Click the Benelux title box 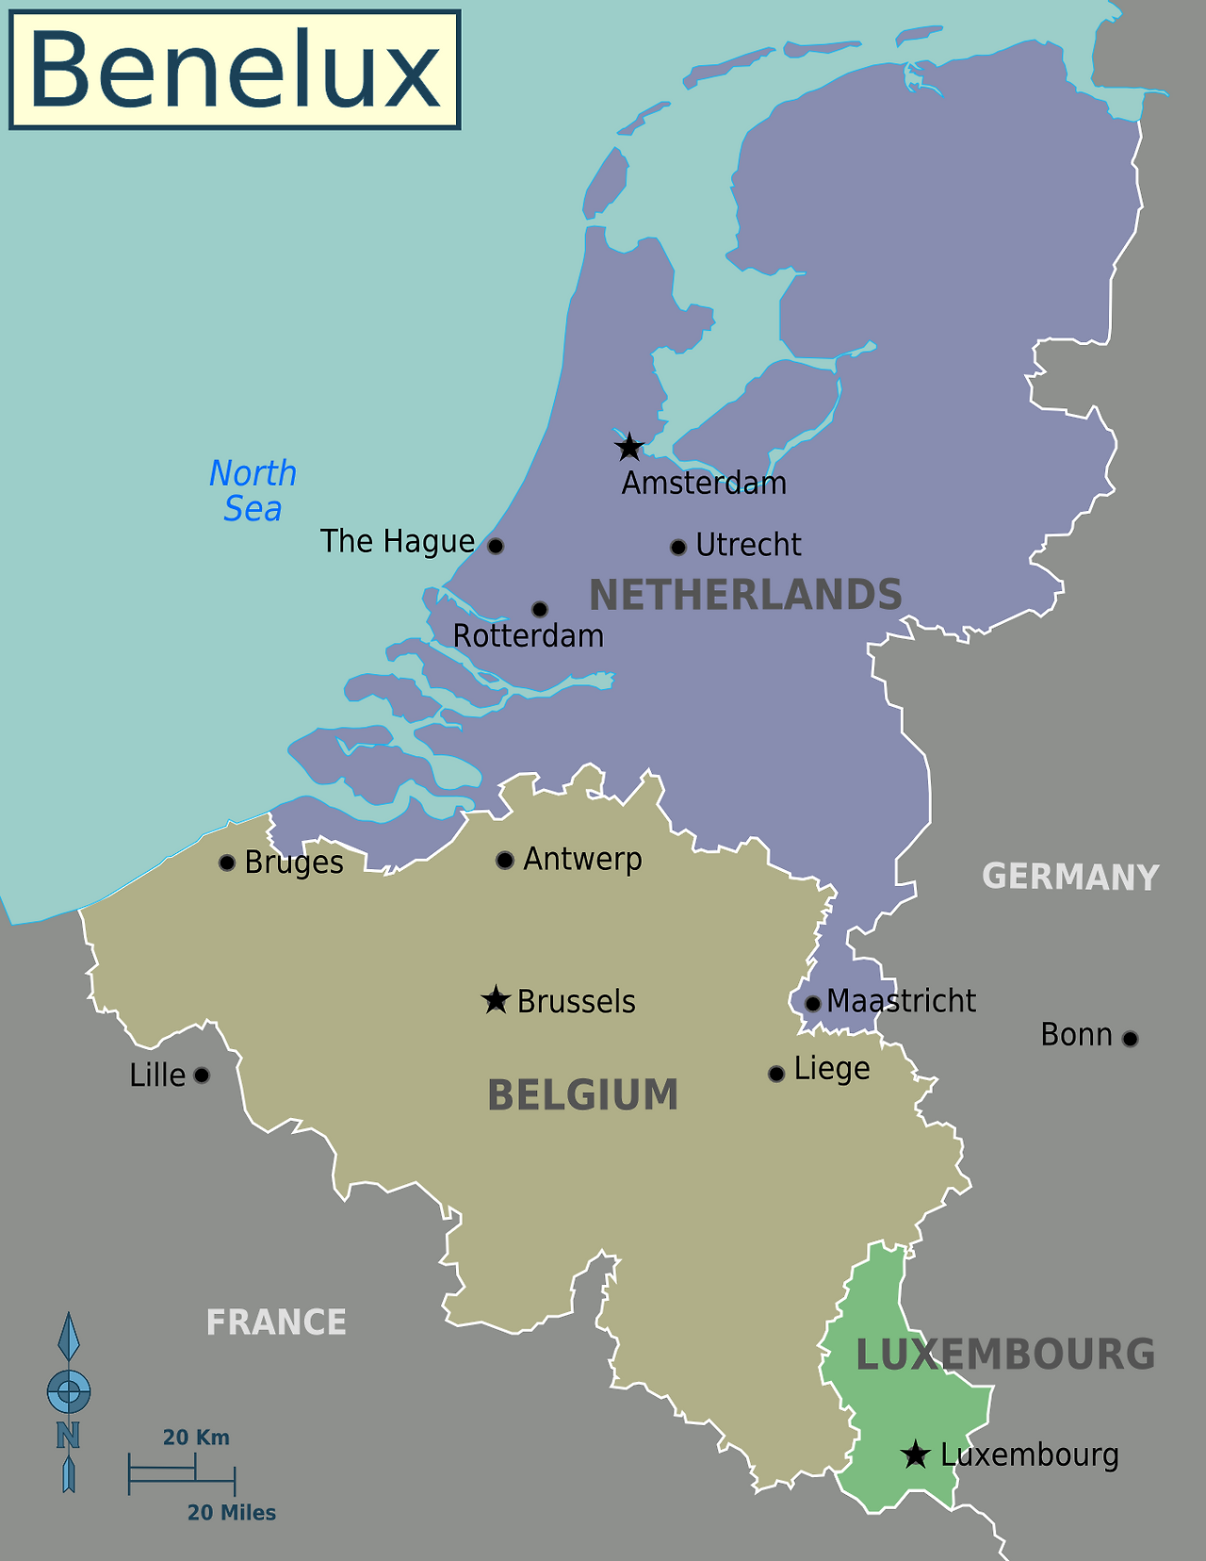pyautogui.click(x=235, y=71)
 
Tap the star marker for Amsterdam pyautogui.click(x=628, y=447)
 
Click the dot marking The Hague pyautogui.click(x=496, y=546)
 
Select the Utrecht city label pyautogui.click(x=748, y=545)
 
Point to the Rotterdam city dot pyautogui.click(x=540, y=609)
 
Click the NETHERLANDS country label pyautogui.click(x=745, y=596)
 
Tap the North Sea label pyautogui.click(x=253, y=491)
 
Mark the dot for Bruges pyautogui.click(x=226, y=863)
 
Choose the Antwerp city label pyautogui.click(x=582, y=859)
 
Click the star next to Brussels pyautogui.click(x=496, y=1000)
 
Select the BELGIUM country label pyautogui.click(x=582, y=1095)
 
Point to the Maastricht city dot pyautogui.click(x=813, y=1003)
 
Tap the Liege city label pyautogui.click(x=831, y=1069)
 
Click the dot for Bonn pyautogui.click(x=1131, y=1039)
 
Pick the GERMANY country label pyautogui.click(x=1070, y=877)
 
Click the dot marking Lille pyautogui.click(x=202, y=1075)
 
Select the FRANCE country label pyautogui.click(x=276, y=1323)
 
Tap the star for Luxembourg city pyautogui.click(x=915, y=1454)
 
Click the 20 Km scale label pyautogui.click(x=196, y=1438)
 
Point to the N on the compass pyautogui.click(x=68, y=1436)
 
